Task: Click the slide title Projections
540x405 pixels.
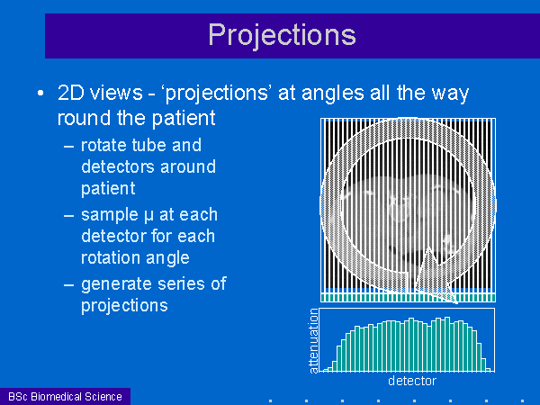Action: (282, 35)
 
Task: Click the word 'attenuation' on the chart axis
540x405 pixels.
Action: (313, 341)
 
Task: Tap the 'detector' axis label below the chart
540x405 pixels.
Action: (412, 381)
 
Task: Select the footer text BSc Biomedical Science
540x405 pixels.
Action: (65, 396)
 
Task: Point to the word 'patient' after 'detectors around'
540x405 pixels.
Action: (108, 189)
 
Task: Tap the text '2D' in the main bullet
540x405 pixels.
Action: (70, 93)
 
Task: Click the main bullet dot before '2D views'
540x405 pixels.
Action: (40, 93)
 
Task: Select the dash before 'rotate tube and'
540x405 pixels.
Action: (69, 147)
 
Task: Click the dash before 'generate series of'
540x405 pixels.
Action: (69, 285)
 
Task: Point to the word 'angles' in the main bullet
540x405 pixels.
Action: (333, 94)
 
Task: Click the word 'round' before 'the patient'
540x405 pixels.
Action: (84, 118)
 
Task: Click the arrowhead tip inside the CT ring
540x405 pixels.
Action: (428, 247)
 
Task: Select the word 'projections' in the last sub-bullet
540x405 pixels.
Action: (124, 306)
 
